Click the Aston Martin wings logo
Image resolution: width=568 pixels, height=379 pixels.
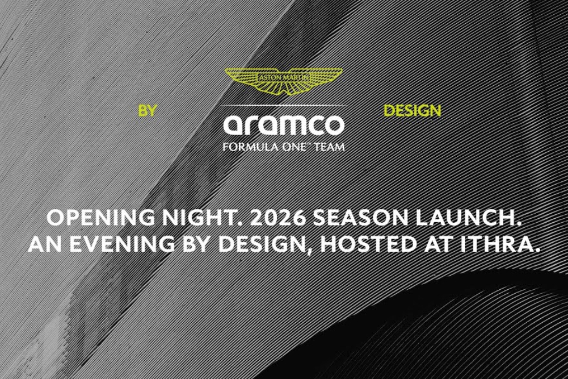tap(284, 81)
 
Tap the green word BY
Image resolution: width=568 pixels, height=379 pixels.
tap(147, 111)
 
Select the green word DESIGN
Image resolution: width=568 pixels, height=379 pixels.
tap(412, 111)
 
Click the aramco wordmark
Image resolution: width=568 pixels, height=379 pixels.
tap(284, 125)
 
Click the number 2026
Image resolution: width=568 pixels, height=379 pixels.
tap(277, 218)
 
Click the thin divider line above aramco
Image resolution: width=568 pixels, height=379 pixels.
tap(284, 105)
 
